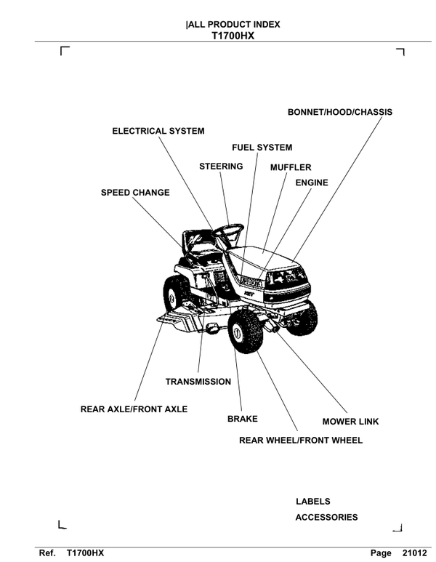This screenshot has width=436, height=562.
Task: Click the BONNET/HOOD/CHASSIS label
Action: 339,113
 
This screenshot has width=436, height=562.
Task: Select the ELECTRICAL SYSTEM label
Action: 158,132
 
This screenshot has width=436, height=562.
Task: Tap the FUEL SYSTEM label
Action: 262,148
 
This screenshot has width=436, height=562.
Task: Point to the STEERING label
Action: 221,166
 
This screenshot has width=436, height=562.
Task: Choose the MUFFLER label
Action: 291,167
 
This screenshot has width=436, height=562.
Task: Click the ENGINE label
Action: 311,183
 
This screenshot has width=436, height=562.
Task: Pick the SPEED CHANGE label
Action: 135,193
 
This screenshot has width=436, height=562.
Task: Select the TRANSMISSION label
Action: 198,382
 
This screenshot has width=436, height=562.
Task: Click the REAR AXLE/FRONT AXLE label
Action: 134,409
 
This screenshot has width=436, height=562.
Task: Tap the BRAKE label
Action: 242,420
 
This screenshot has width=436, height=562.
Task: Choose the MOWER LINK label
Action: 350,422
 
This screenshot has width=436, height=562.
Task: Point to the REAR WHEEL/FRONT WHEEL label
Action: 301,441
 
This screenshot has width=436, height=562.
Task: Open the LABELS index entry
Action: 312,502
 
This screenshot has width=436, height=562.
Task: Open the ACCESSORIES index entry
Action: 326,518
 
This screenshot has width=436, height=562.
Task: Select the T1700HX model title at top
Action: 233,35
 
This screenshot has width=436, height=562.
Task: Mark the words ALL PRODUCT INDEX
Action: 233,25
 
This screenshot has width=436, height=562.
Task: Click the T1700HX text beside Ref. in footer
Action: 85,553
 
